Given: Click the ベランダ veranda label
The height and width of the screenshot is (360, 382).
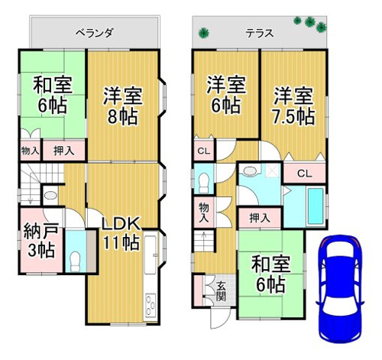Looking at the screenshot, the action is (x=94, y=33).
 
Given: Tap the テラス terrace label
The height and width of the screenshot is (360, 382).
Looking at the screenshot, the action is (x=260, y=34).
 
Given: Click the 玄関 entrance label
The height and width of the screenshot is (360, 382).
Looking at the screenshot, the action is (x=221, y=292).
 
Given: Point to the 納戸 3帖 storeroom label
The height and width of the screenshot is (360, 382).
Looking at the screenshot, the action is (x=41, y=241).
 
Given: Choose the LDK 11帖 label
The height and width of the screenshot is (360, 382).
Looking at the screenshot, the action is (x=121, y=233).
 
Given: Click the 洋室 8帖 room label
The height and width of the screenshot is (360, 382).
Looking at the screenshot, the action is (x=122, y=106).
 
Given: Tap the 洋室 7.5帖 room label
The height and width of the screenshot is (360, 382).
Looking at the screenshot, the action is (x=293, y=106).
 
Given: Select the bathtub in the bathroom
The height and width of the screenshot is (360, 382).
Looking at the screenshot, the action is (x=316, y=206).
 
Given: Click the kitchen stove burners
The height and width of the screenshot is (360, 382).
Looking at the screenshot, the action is (x=150, y=305).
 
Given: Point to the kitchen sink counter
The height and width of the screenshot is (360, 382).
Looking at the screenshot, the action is (x=150, y=255).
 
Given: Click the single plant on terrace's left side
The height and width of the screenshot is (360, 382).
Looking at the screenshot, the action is (x=204, y=33).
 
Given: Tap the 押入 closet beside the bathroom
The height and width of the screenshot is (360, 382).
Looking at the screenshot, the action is (x=260, y=218).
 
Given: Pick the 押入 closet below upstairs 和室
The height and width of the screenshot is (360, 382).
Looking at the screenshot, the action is (x=63, y=151).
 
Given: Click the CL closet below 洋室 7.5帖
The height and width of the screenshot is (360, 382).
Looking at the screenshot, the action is (x=305, y=174).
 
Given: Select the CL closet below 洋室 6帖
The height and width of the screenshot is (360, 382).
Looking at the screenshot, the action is (x=204, y=151).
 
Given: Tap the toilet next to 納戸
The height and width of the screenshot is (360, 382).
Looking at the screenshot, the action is (x=76, y=261).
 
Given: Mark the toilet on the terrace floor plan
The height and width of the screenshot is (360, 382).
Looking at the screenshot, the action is (x=203, y=183).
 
